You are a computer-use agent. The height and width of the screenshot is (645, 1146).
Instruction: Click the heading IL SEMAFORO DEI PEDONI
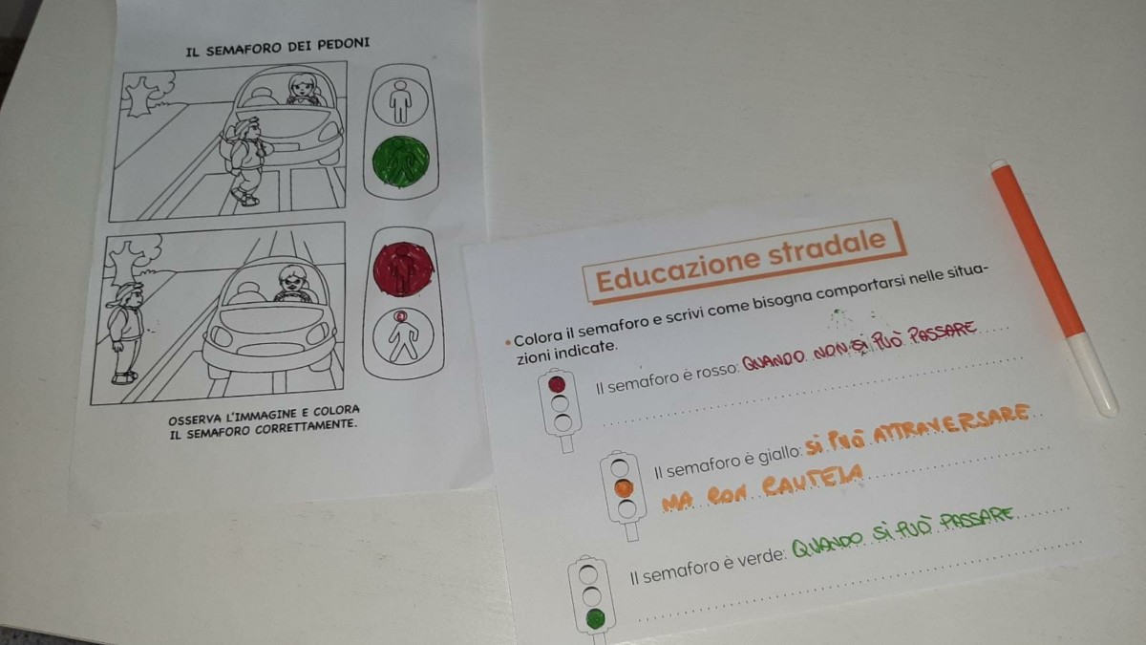pos(278,47)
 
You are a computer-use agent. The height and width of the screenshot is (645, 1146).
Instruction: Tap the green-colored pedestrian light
pos(402,161)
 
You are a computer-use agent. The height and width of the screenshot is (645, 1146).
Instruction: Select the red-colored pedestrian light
pos(403,269)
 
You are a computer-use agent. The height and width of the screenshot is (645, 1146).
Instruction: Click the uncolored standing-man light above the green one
pos(400,101)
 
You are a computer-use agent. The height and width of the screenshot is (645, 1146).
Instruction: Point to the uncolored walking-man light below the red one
pos(403,335)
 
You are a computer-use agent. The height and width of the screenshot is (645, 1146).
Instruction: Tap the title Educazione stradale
pos(742,261)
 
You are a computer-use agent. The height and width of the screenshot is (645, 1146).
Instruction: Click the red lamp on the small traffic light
pos(557,384)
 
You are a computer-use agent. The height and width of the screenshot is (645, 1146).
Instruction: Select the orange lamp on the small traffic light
pos(624,489)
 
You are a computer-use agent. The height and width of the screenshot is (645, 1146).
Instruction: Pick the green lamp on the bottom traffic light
pos(596,619)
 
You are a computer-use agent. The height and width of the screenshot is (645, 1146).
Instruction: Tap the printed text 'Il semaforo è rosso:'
pos(668,377)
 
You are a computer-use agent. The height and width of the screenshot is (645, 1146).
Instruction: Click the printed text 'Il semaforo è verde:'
pos(708,567)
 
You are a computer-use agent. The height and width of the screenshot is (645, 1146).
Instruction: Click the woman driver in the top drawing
pos(305,90)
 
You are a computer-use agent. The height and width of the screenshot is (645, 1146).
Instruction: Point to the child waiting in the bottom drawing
pos(125,333)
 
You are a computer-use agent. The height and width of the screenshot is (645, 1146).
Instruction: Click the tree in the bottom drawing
pos(132,260)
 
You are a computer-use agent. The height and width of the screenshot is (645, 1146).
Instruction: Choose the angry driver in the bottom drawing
pos(292,284)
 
